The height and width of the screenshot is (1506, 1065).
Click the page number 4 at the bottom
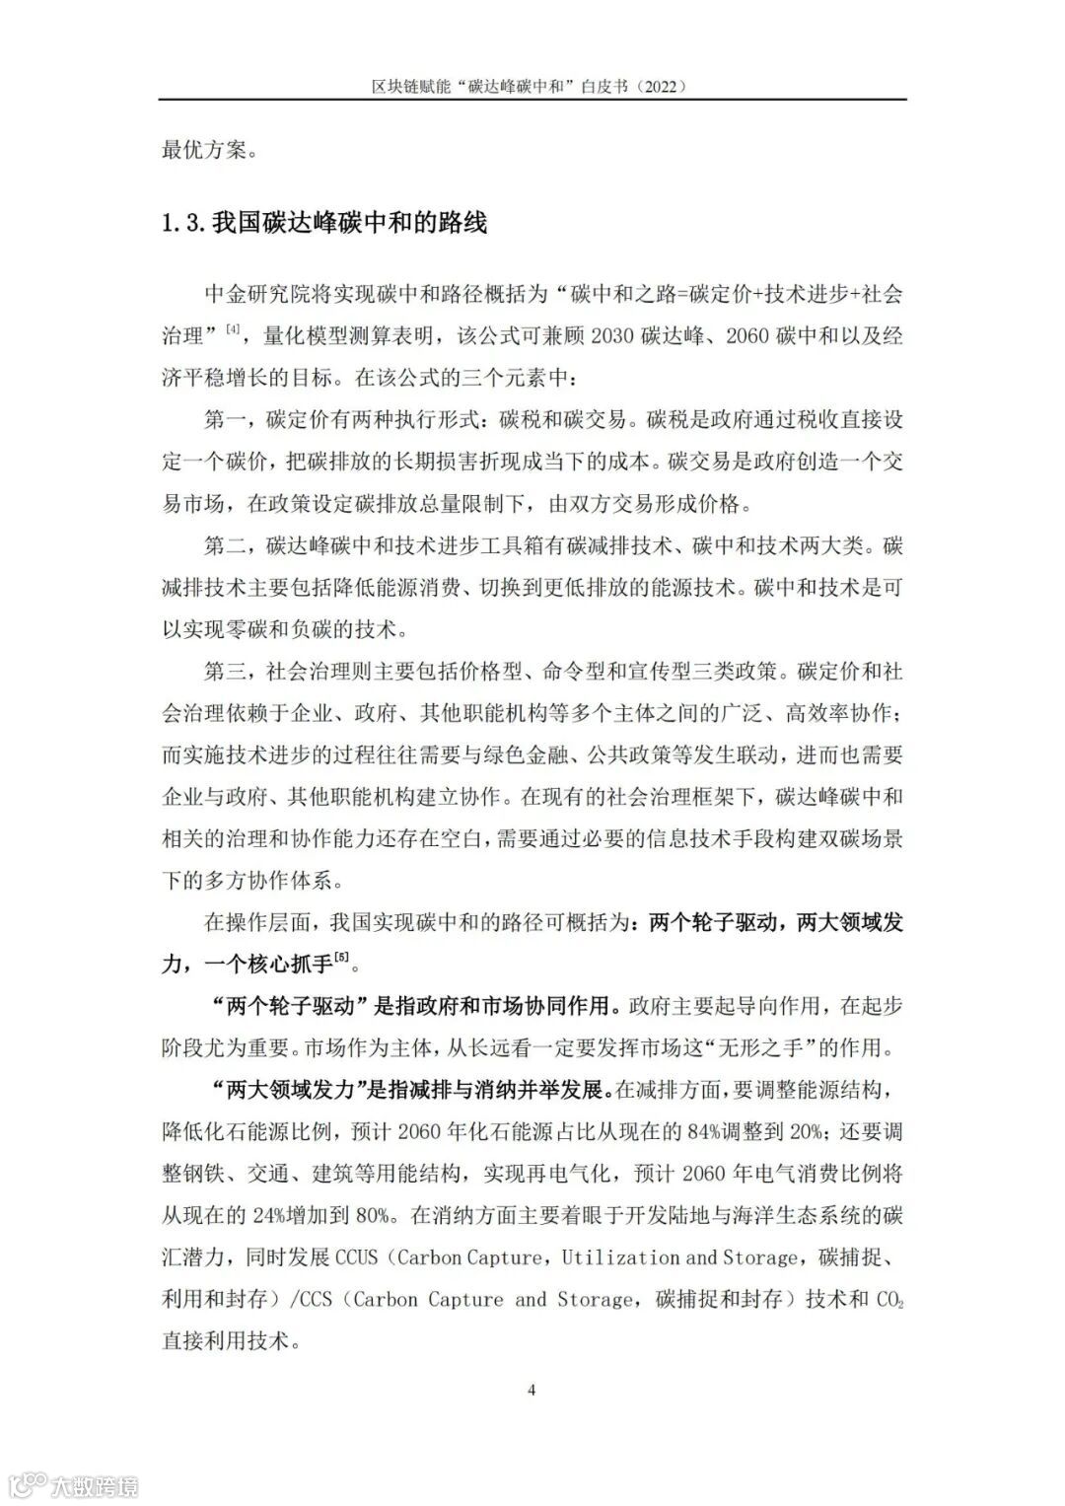pyautogui.click(x=532, y=1391)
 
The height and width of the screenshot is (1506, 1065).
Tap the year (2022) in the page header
pyautogui.click(x=662, y=86)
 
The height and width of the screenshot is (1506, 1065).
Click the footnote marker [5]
pyautogui.click(x=342, y=956)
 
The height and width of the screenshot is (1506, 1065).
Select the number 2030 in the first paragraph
pyautogui.click(x=613, y=336)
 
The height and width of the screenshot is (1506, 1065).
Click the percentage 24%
pyautogui.click(x=287, y=1215)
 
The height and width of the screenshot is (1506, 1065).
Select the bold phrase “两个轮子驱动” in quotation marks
pyautogui.click(x=290, y=1006)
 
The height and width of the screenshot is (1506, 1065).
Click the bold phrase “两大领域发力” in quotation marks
pyautogui.click(x=290, y=1090)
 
